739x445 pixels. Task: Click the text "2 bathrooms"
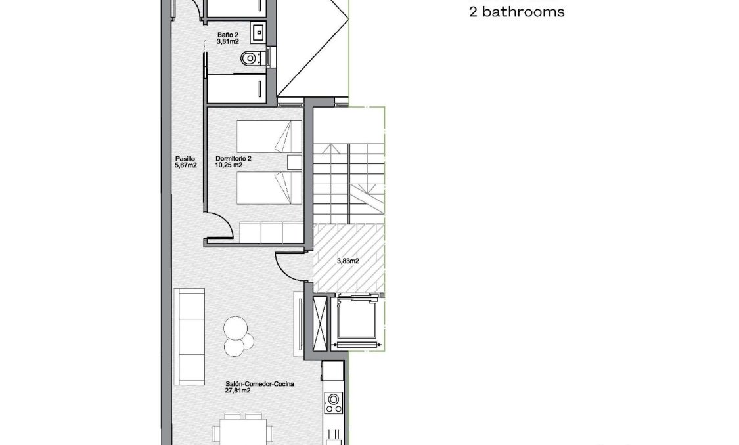click(517, 12)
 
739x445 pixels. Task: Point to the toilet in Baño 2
click(249, 59)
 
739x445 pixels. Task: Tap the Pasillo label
click(185, 158)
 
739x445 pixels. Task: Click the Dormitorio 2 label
click(233, 158)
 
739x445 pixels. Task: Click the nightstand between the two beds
click(294, 162)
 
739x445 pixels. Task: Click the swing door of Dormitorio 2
click(222, 226)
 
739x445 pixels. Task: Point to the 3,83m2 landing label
click(347, 261)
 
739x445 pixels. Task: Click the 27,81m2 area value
click(236, 391)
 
